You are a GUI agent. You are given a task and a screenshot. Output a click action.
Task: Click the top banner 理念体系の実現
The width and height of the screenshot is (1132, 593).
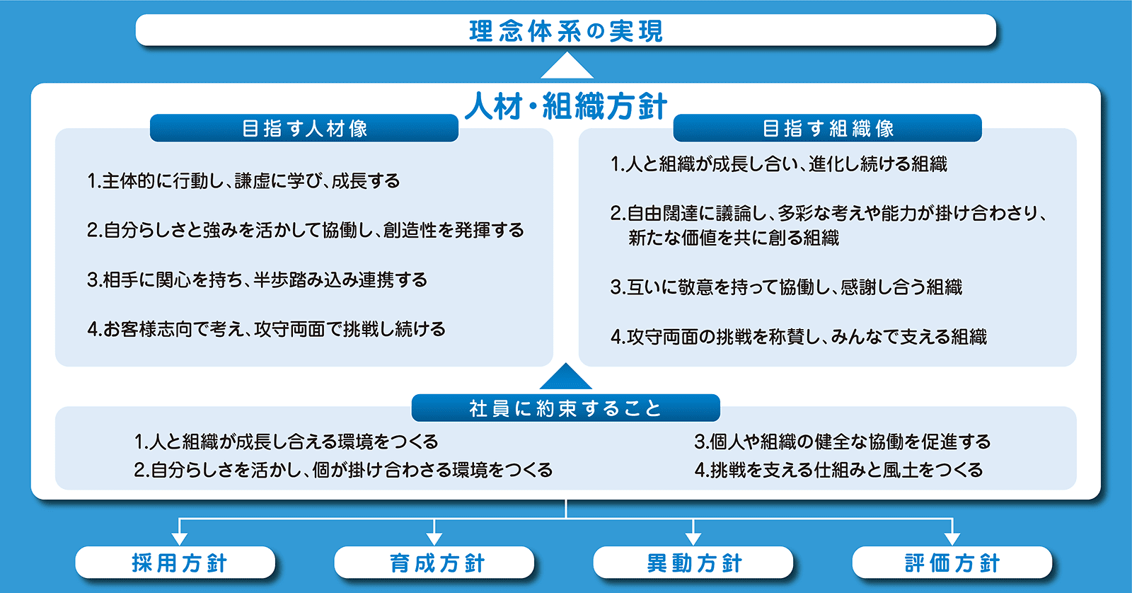point(565,31)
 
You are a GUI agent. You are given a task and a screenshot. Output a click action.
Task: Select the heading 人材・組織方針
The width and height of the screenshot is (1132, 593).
point(565,107)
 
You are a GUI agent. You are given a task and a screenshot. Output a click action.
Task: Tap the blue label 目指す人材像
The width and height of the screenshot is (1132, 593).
point(304,128)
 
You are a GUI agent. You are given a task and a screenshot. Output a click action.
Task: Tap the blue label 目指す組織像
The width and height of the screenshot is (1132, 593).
point(827,128)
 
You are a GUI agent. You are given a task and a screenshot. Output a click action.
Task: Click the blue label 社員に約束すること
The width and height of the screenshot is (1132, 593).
point(565,408)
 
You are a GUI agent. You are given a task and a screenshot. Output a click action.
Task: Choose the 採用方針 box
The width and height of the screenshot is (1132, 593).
point(175,563)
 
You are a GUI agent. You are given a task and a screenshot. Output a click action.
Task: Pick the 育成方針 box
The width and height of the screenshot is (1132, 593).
point(434,563)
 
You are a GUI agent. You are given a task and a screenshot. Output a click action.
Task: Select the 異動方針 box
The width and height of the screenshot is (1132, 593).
point(693,563)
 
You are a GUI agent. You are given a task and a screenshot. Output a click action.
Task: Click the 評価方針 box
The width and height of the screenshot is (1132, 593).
point(952,563)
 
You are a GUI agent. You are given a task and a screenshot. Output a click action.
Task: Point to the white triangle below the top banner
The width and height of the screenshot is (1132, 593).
point(566,68)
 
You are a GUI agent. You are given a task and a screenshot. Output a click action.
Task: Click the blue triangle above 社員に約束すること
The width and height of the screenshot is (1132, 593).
point(566,378)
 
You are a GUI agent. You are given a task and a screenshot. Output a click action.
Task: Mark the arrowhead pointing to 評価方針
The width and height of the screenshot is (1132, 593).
point(952,537)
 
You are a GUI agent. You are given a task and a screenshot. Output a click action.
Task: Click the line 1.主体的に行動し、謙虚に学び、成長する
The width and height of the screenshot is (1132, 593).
point(243,181)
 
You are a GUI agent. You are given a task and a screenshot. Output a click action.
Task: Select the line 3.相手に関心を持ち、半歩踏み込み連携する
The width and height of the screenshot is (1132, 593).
point(257,280)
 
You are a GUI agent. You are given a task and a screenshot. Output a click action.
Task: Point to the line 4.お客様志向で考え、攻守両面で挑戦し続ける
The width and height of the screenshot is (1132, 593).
point(266,329)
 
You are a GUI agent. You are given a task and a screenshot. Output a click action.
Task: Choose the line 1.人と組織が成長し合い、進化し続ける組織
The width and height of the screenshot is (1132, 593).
point(778,164)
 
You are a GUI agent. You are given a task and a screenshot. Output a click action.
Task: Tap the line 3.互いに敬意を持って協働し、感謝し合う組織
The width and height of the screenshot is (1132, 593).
point(786,287)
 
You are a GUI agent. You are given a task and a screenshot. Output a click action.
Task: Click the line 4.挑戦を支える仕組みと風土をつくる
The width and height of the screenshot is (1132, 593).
point(838,470)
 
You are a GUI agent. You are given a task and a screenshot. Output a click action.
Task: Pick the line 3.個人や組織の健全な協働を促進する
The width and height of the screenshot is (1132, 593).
point(842,442)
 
